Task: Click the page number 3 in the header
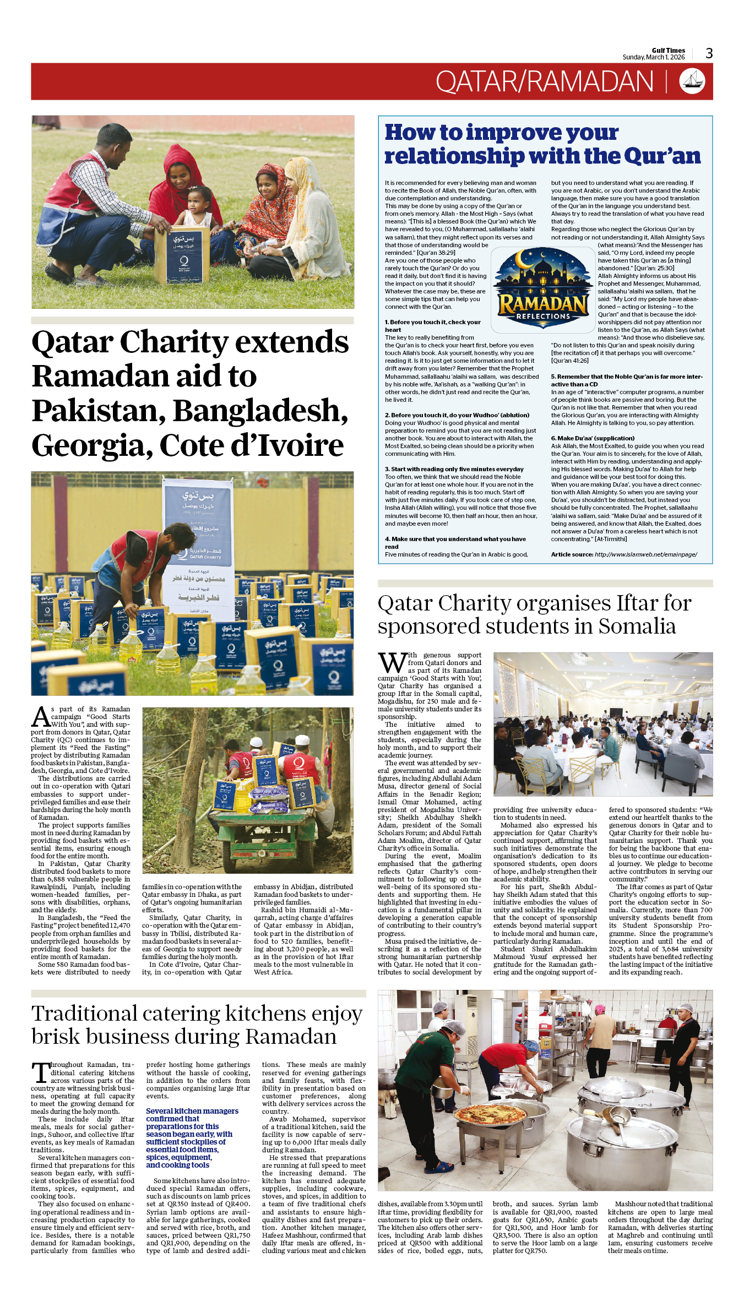pos(709,53)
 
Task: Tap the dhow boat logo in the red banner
pos(692,81)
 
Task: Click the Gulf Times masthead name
pos(668,50)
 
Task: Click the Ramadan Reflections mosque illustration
pos(542,288)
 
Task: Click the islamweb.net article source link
pos(645,554)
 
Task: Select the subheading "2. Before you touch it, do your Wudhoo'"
pos(457,415)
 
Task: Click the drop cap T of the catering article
pos(40,1073)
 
